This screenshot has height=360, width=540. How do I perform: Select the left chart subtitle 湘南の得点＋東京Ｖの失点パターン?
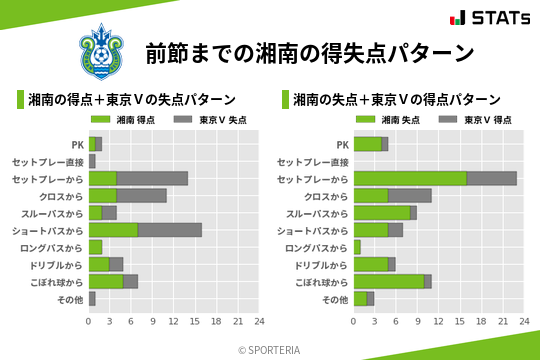[131, 99]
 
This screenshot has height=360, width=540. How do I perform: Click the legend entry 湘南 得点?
[127, 120]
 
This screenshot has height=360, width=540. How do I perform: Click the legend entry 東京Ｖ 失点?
[211, 120]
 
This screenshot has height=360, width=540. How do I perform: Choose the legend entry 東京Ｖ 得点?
[476, 120]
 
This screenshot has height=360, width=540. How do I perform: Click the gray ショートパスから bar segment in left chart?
[170, 230]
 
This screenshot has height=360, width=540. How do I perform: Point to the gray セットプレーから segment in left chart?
[152, 178]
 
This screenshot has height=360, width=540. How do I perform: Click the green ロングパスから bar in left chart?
[95, 247]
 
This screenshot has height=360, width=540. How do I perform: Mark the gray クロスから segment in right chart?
[410, 195]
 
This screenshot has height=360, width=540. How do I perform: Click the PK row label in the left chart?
[77, 144]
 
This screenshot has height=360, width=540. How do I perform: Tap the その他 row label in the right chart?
[336, 299]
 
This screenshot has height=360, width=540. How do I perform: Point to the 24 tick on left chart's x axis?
[258, 322]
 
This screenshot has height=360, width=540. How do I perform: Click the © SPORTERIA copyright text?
[270, 349]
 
